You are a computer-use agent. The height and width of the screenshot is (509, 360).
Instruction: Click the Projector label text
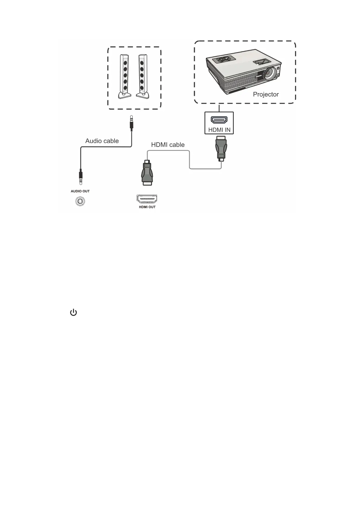266,94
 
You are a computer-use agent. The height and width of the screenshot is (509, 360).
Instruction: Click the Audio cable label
102,141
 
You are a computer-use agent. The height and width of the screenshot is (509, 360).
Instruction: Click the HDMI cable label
168,145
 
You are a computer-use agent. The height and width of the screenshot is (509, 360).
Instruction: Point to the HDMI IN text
219,130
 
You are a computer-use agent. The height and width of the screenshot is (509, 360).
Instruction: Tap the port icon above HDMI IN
219,120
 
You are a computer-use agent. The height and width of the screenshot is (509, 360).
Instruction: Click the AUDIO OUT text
80,191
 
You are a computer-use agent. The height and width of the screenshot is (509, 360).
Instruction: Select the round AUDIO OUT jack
80,201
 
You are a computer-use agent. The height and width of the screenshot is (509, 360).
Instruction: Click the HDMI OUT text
147,207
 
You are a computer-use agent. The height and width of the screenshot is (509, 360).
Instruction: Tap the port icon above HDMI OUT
147,199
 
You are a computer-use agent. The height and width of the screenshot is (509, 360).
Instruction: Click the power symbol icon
73,313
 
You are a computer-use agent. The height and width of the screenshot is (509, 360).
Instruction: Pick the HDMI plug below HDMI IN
221,148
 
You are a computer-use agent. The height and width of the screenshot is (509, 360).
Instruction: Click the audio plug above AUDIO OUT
81,177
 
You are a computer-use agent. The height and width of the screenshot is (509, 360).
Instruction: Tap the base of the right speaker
143,95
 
